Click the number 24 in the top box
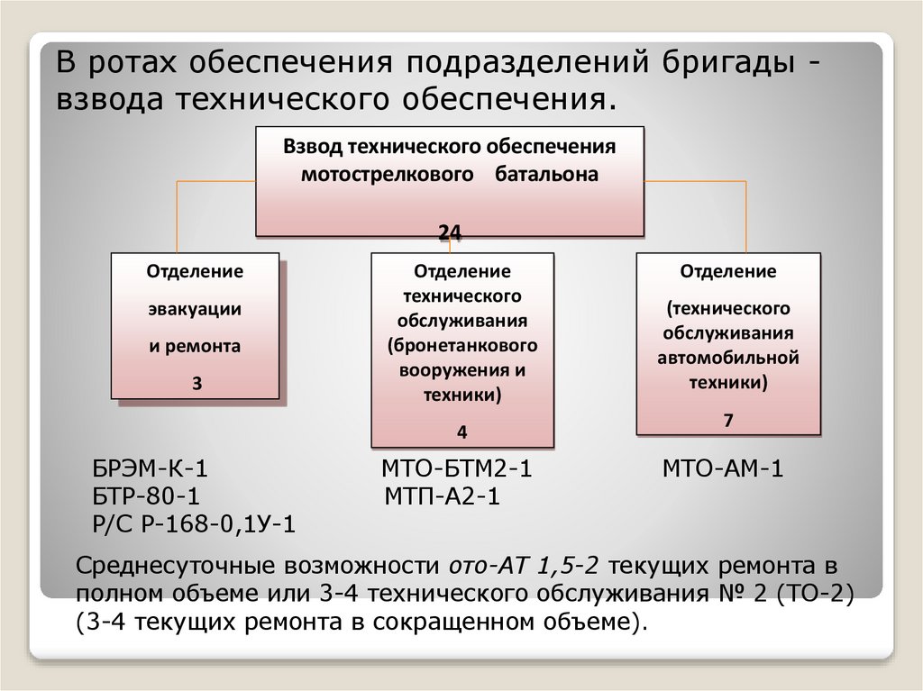(450, 234)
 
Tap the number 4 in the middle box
(462, 432)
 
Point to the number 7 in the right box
(728, 420)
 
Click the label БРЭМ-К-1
(151, 468)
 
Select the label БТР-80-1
(145, 496)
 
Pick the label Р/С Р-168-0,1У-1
(194, 525)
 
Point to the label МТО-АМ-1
(724, 468)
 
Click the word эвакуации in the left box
(196, 309)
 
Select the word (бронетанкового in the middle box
(462, 345)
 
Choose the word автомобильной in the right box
(728, 358)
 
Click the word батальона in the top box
(546, 175)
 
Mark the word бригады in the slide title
(717, 65)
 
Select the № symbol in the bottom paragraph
(708, 594)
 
